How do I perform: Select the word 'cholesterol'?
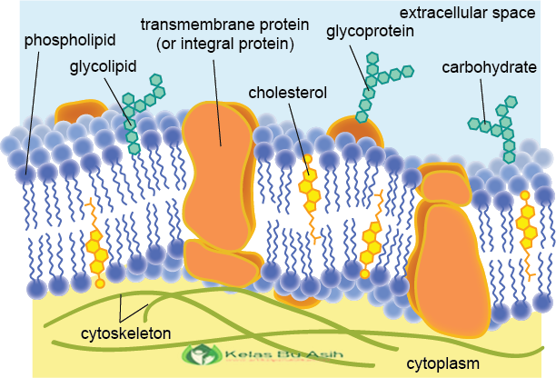click(x=287, y=92)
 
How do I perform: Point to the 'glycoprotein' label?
click(x=371, y=31)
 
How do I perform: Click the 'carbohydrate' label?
click(x=490, y=68)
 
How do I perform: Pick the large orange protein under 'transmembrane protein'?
click(x=219, y=173)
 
